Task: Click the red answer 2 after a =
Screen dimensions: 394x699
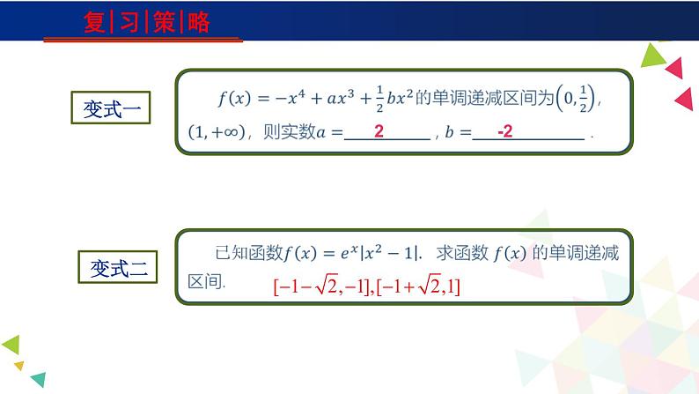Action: coord(379,132)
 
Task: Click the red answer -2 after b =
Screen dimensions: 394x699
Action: coord(504,132)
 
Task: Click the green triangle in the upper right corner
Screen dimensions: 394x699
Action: coord(652,56)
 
